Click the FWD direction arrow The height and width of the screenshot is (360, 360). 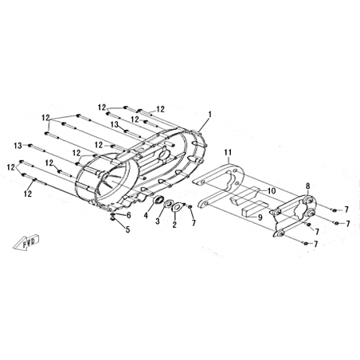pos(26,242)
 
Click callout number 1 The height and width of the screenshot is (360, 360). pos(209,115)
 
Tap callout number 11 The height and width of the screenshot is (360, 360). pos(228,152)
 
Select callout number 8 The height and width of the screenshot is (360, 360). pos(307,186)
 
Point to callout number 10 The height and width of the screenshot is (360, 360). pos(272,191)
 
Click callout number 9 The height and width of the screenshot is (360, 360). pos(260,217)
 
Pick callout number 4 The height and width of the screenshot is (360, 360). pos(146,215)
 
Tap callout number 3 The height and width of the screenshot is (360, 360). pos(158,221)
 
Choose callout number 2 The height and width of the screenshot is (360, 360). pos(174,225)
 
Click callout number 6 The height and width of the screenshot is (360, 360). pos(129,215)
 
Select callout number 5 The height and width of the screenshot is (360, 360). pos(128,229)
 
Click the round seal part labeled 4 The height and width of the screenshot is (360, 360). pos(158,199)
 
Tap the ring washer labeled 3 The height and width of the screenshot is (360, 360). pos(168,205)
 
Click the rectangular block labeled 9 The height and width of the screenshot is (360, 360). pos(252,209)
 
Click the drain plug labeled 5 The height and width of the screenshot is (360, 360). pos(113,218)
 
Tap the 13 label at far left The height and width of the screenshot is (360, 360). pos(18,146)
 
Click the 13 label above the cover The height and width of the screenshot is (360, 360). pos(115,124)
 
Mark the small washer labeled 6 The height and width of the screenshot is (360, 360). pos(113,214)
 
